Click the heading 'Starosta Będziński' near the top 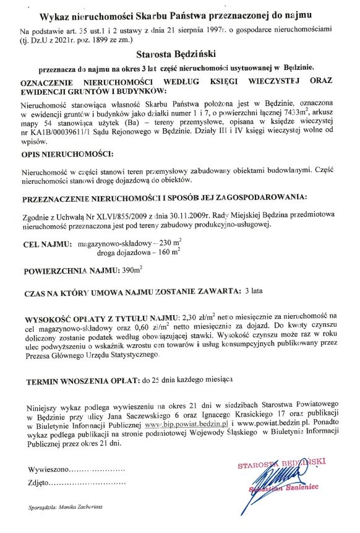(x=179, y=54)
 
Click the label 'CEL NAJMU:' (x=45, y=243)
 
